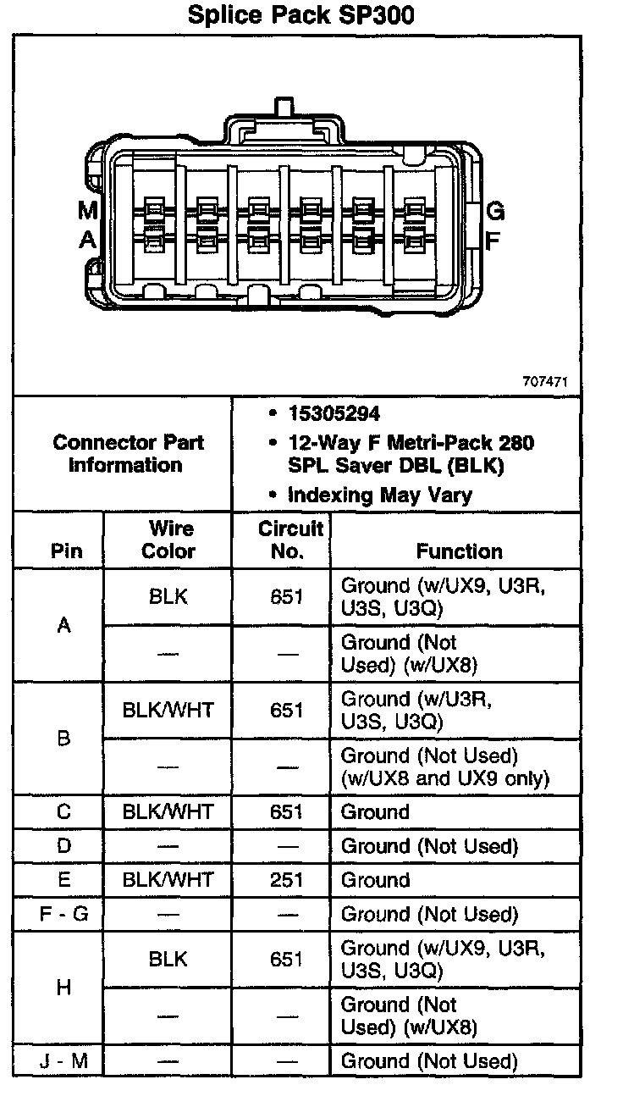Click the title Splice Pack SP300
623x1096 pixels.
click(x=300, y=15)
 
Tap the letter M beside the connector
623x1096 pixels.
click(x=87, y=210)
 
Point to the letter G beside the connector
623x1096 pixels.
click(x=495, y=211)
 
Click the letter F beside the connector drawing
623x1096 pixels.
click(x=493, y=240)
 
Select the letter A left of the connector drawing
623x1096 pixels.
click(x=87, y=241)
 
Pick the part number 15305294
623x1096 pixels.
click(x=334, y=414)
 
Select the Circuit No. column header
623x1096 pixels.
click(x=290, y=540)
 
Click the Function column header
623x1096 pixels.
click(x=459, y=551)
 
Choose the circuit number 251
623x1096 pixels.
click(x=287, y=880)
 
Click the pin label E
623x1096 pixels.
click(x=63, y=880)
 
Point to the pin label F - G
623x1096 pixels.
click(x=63, y=915)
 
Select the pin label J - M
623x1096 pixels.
click(x=63, y=1061)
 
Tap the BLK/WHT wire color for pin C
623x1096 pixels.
click(x=168, y=812)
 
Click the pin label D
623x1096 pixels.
click(x=63, y=846)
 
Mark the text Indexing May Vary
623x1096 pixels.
click(x=379, y=495)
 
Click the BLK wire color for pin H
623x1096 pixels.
click(x=168, y=960)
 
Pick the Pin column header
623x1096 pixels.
click(x=66, y=551)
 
